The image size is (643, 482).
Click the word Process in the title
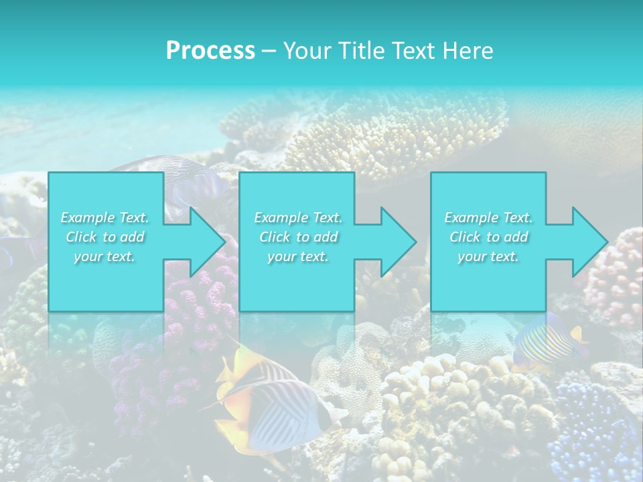point(210,50)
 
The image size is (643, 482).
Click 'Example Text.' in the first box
point(104,218)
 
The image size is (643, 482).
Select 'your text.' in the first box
point(104,256)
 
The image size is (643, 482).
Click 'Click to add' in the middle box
point(298,237)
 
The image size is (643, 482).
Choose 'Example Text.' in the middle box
point(298,218)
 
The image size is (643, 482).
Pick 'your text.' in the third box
point(488,256)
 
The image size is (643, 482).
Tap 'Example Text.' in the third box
point(488,218)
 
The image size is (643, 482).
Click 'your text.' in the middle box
point(298,256)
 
